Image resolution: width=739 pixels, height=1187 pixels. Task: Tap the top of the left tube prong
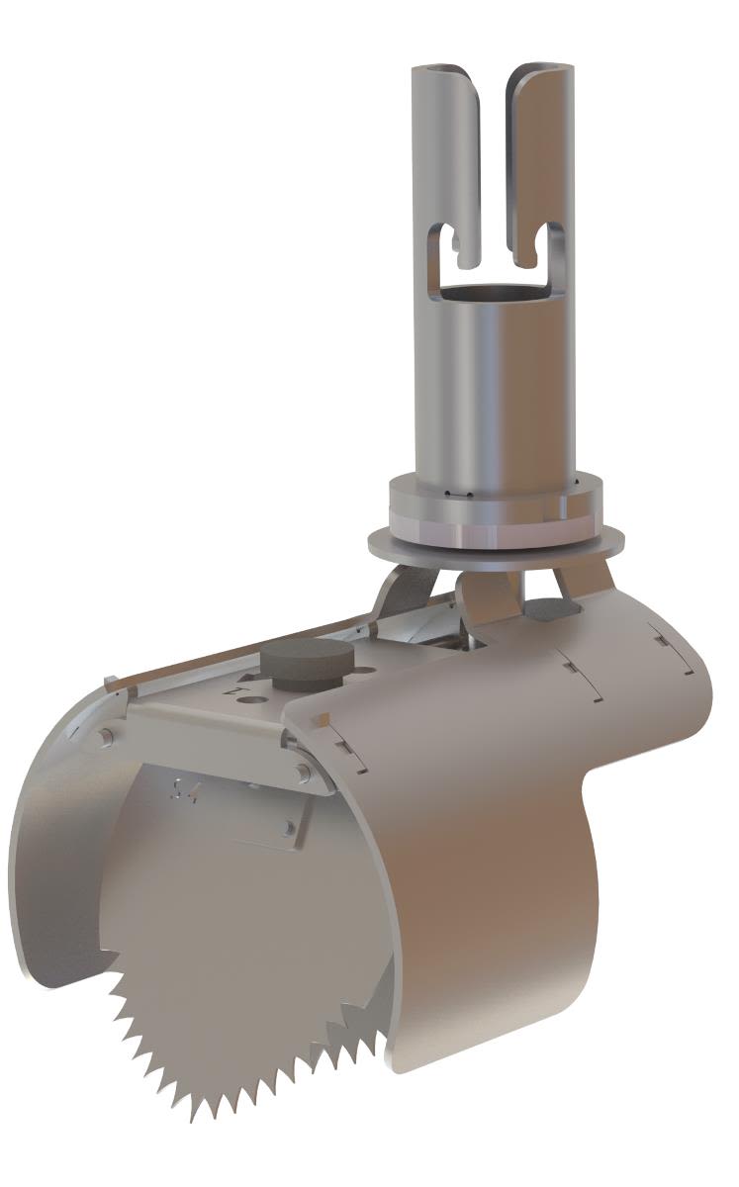(443, 72)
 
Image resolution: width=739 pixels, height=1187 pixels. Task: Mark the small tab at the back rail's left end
(113, 680)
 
